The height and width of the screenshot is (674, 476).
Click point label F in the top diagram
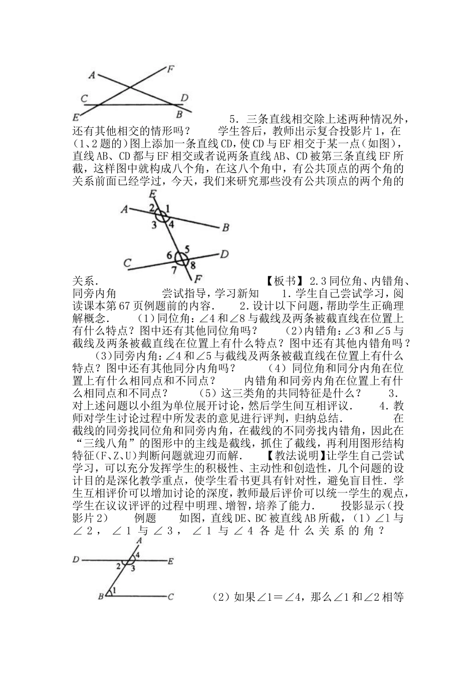pos(170,69)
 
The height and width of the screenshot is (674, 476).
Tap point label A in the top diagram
pos(92,75)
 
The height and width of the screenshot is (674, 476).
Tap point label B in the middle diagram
pos(225,228)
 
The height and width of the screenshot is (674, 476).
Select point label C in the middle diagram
pos(127,262)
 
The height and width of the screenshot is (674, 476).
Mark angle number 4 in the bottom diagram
pos(137,555)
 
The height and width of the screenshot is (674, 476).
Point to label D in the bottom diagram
pos(76,560)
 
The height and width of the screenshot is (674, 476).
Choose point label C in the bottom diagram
pos(171,597)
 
